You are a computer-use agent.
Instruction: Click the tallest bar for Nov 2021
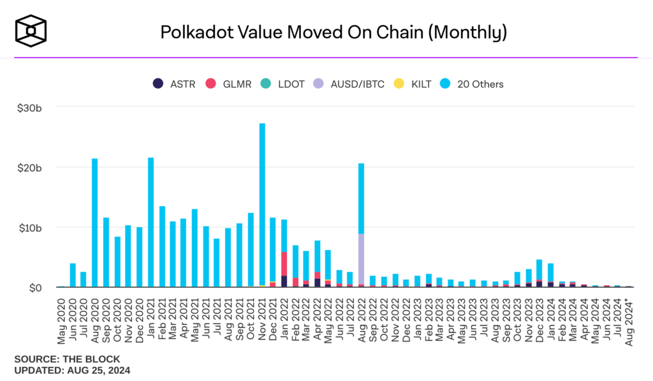coord(262,204)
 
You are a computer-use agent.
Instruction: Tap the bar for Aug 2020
coord(95,223)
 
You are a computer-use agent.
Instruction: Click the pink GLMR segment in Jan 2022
coord(284,264)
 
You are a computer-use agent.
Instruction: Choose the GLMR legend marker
coord(209,84)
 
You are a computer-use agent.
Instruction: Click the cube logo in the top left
coord(31,29)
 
